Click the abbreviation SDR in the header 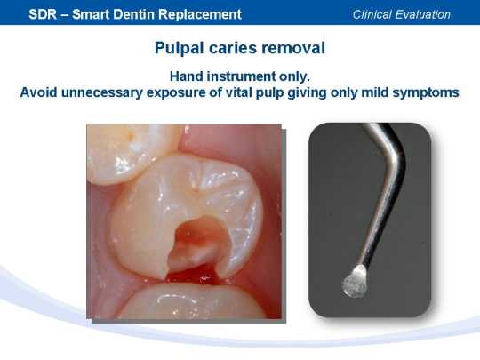pyautogui.click(x=43, y=14)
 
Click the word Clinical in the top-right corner pyautogui.click(x=372, y=14)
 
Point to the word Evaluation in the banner pyautogui.click(x=422, y=14)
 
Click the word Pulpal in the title pyautogui.click(x=179, y=48)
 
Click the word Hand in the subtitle pyautogui.click(x=187, y=76)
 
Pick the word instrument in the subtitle pyautogui.click(x=241, y=76)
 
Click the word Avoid pyautogui.click(x=38, y=92)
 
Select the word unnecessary pyautogui.click(x=102, y=93)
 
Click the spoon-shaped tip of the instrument pyautogui.click(x=355, y=281)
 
